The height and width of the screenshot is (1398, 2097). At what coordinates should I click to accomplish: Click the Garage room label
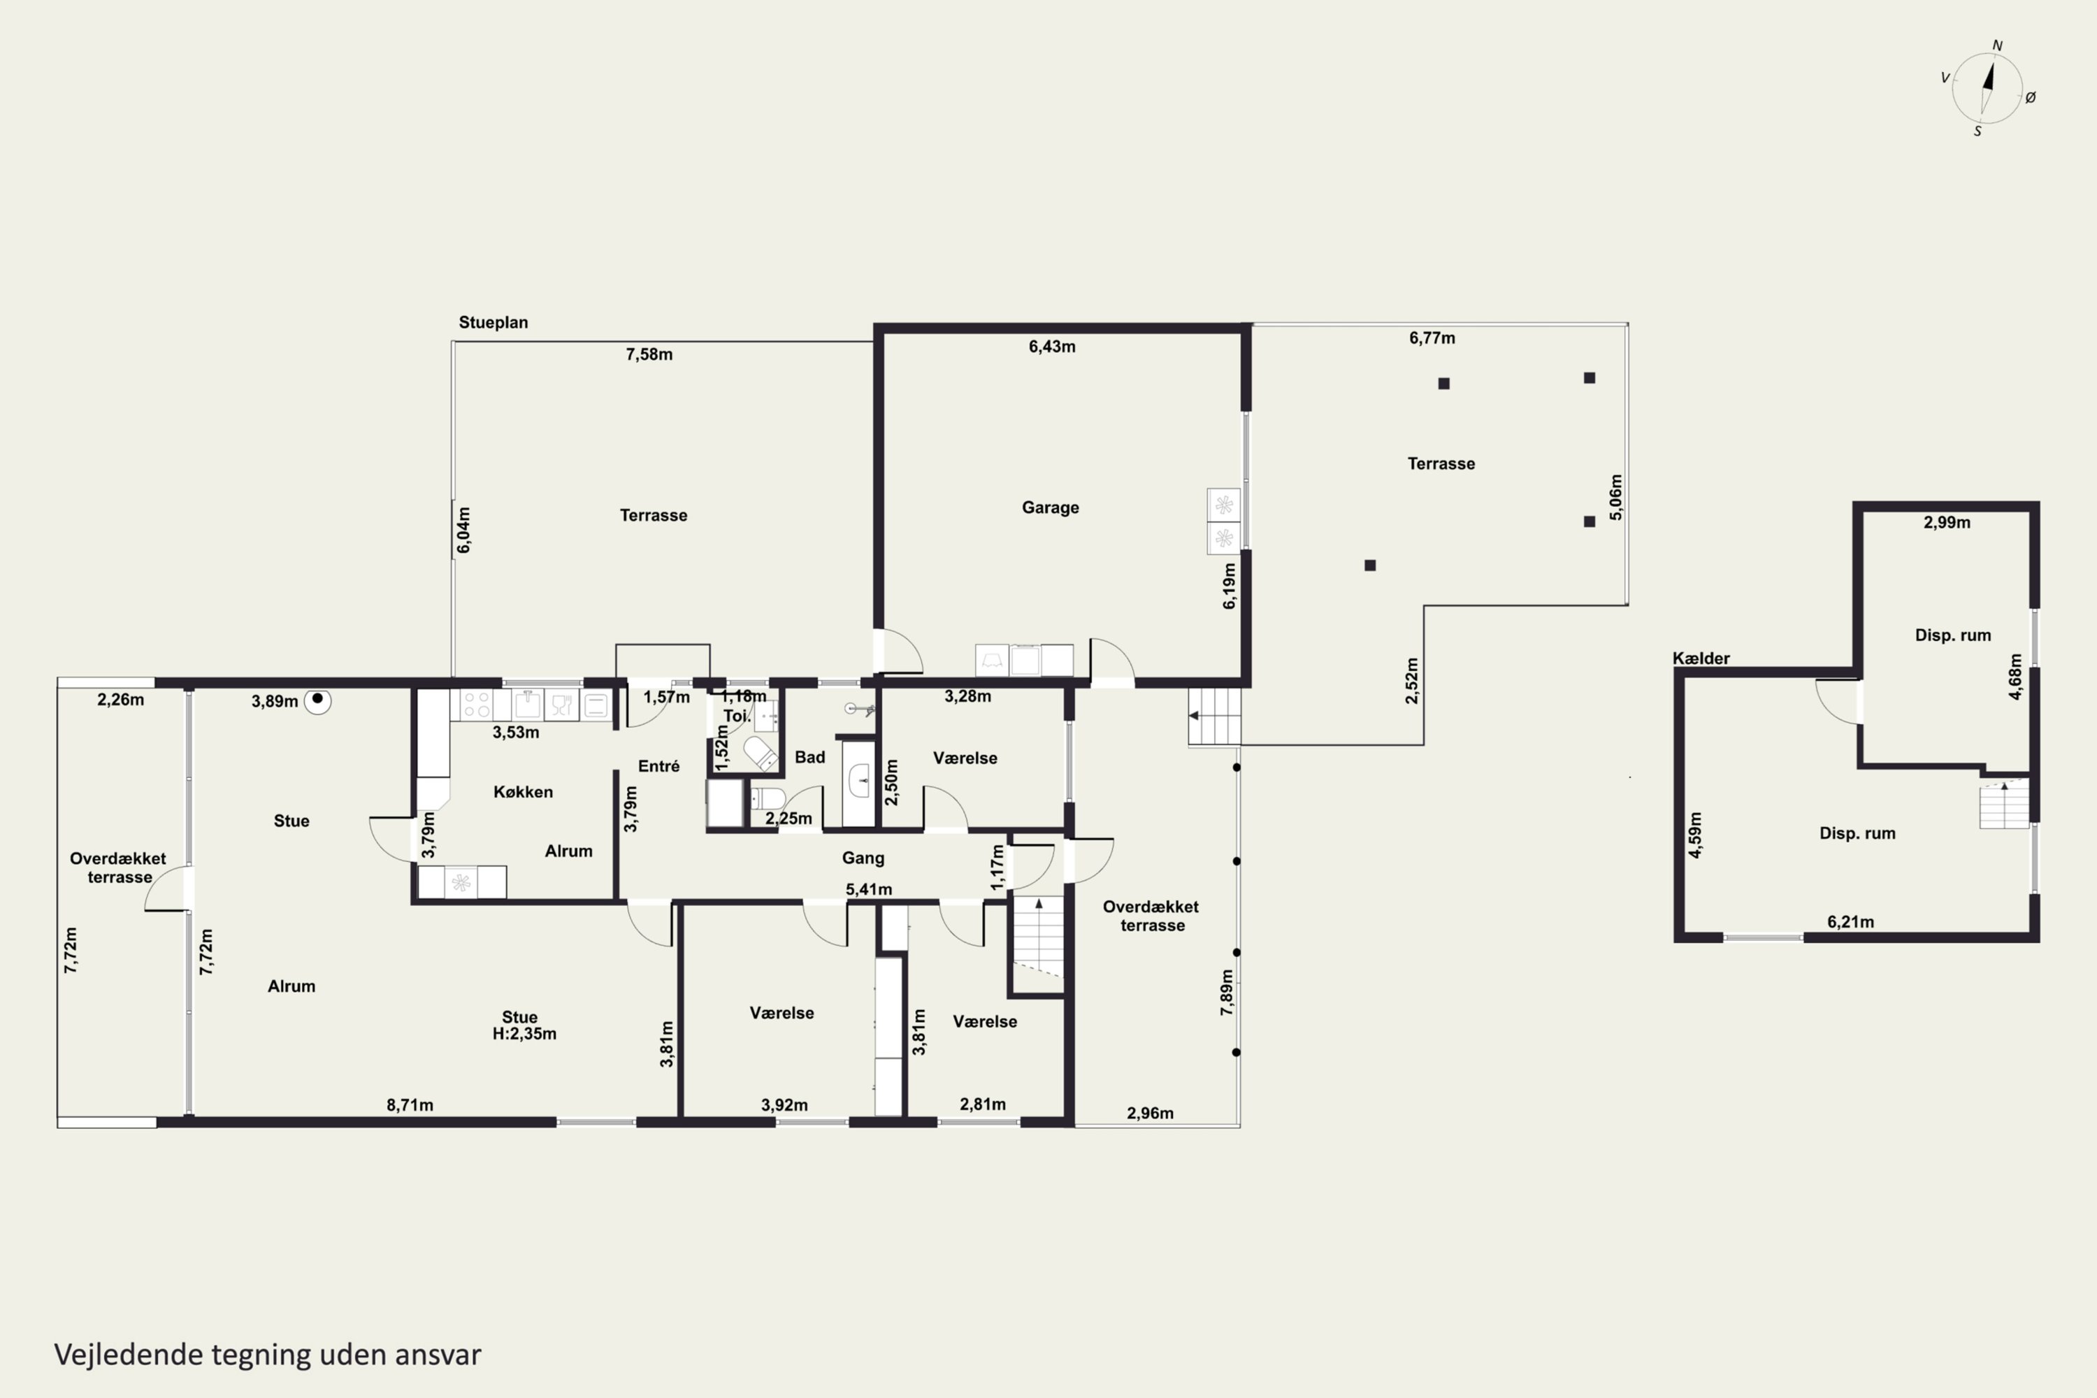coord(1051,507)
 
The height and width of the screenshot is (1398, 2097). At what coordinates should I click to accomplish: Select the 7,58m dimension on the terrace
coord(649,354)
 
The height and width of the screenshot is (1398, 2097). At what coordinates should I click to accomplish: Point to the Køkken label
coord(524,792)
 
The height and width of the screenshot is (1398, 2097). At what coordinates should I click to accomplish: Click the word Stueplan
coord(493,322)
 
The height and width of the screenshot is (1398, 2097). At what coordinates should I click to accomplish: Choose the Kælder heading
coord(1701,658)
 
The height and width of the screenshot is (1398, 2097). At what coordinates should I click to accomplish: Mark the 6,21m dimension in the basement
coord(1851,922)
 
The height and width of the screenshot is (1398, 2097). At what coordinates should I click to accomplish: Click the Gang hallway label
coord(863,858)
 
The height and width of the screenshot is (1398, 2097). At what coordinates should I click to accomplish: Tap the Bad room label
coord(809,757)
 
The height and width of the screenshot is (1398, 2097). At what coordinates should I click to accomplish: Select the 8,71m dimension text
coord(410,1104)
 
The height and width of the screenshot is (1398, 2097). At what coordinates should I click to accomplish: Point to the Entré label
coord(659,766)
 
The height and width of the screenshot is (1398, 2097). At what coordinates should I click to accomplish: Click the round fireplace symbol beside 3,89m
coord(317,702)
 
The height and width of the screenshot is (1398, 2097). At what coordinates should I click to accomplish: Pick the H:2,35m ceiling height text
coord(524,1033)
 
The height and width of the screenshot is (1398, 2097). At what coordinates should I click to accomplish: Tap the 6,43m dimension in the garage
coord(1052,346)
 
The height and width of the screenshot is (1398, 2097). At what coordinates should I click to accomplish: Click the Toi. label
coord(737,715)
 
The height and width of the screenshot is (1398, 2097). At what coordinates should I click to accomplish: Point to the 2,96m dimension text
coord(1150,1113)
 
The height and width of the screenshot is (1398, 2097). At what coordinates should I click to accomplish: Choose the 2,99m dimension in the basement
coord(1947,522)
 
